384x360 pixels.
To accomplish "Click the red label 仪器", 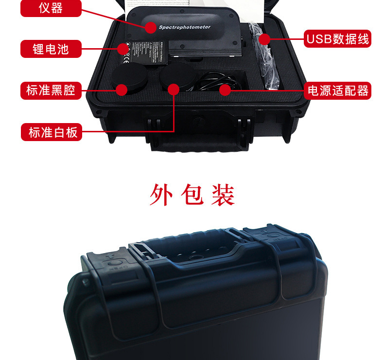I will click(x=51, y=8).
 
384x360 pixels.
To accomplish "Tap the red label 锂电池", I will click(x=51, y=49).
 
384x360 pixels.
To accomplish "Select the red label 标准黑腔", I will click(x=51, y=90).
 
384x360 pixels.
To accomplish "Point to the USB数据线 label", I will click(x=337, y=38).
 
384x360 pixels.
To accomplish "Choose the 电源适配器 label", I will click(x=337, y=90).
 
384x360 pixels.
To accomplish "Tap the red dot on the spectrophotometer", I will click(x=151, y=27).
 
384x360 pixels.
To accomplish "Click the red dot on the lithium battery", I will click(x=122, y=48).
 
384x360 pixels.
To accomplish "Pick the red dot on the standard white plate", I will click(x=174, y=90).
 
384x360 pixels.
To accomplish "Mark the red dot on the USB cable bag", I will click(x=264, y=38).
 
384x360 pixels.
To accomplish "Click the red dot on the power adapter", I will click(x=225, y=90).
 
